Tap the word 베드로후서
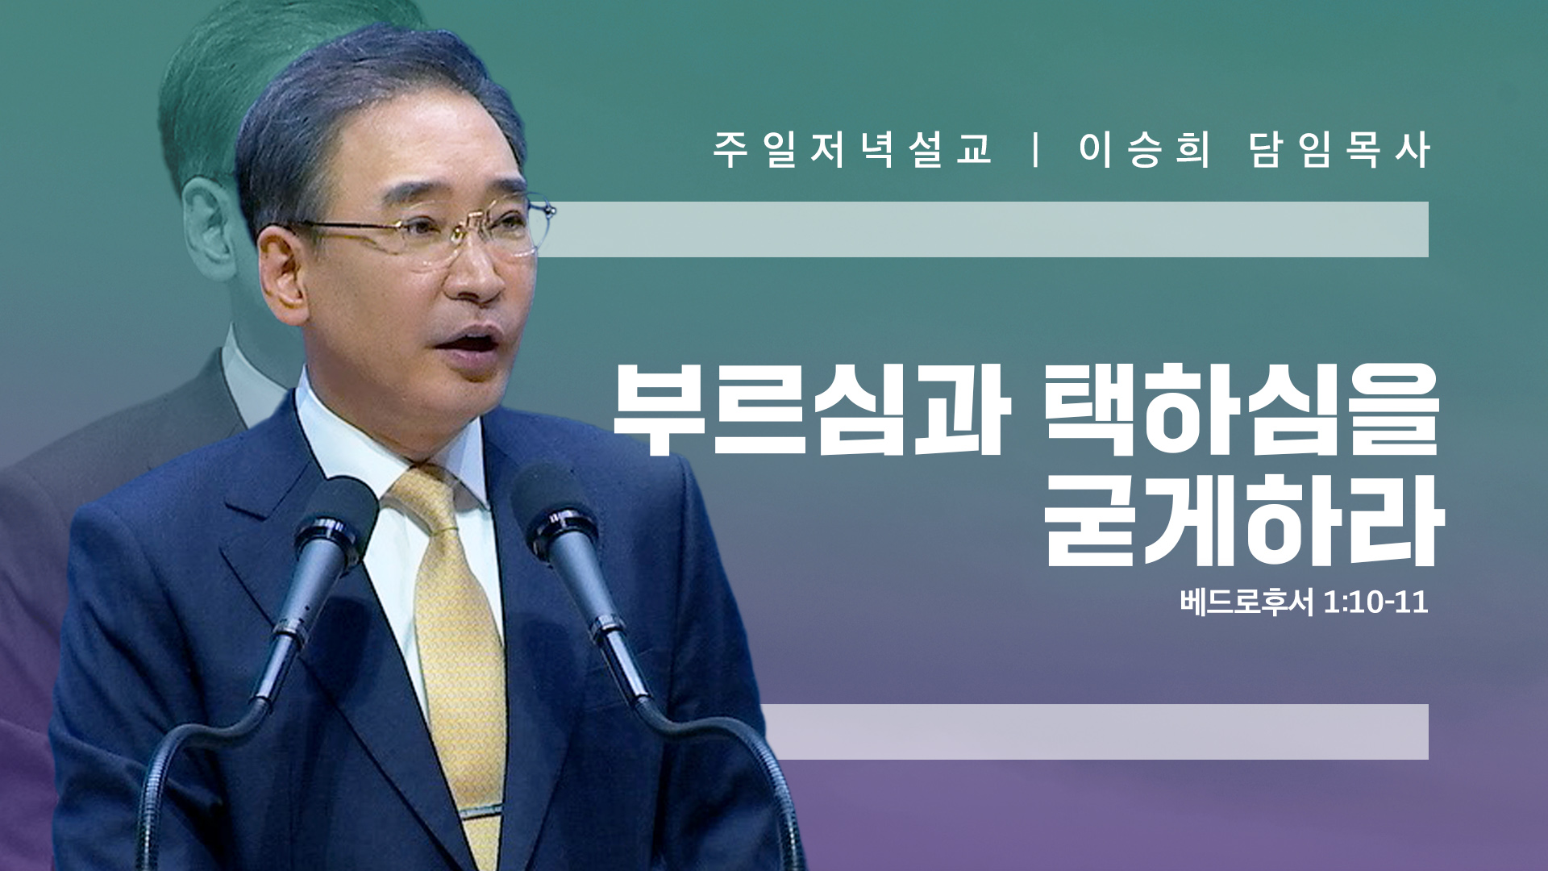tap(1246, 602)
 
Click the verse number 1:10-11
tap(1375, 602)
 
